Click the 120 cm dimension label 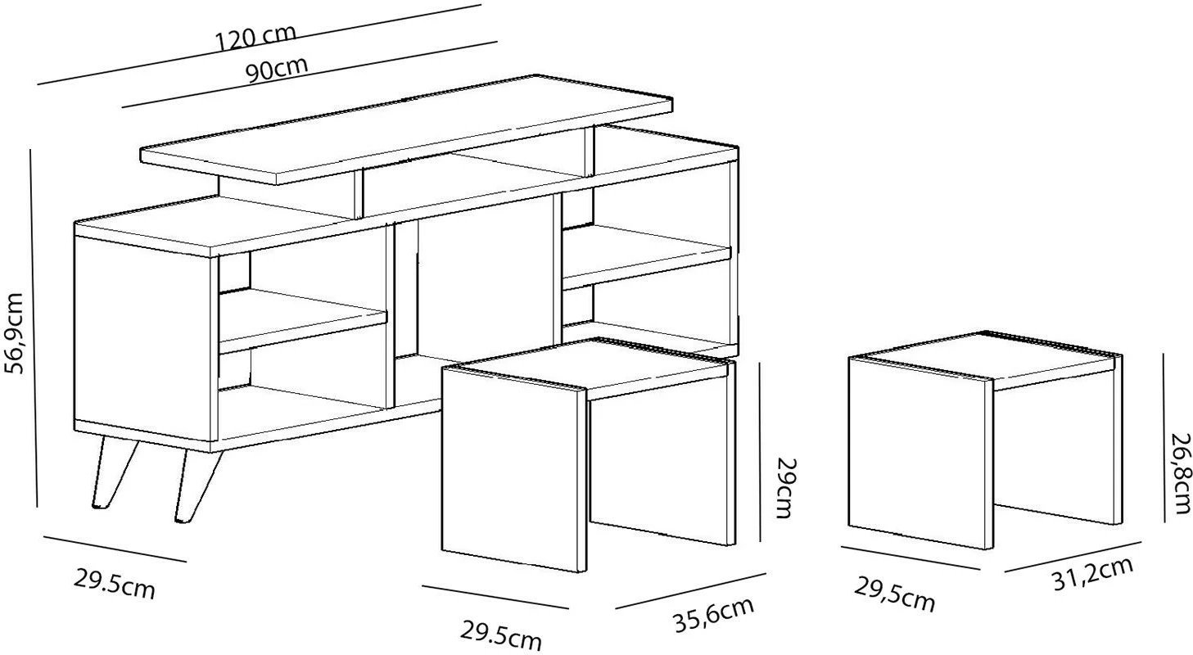point(255,38)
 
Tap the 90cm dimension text point(277,70)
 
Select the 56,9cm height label point(14,333)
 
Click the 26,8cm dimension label point(1180,474)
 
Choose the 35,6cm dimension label point(714,615)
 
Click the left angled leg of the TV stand point(114,473)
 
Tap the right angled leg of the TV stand point(198,486)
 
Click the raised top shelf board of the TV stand point(406,129)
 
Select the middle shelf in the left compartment point(302,320)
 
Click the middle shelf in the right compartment point(647,256)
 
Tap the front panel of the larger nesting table point(514,469)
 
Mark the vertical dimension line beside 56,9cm point(34,328)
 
